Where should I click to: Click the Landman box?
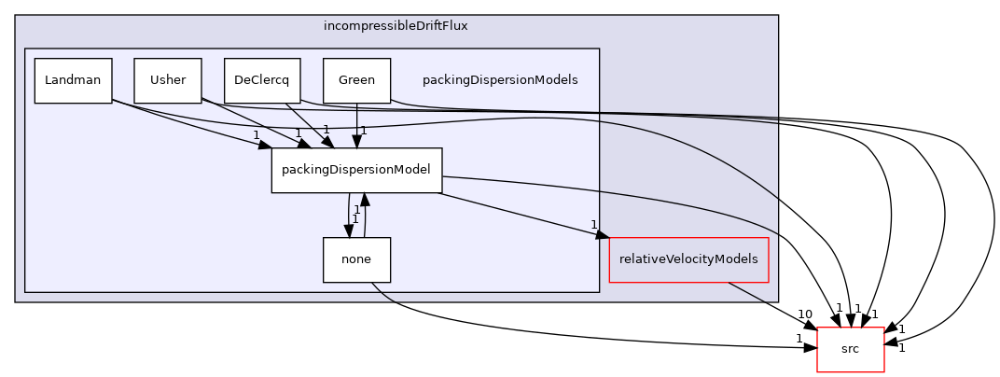pyautogui.click(x=73, y=80)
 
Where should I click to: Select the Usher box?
pyautogui.click(x=168, y=80)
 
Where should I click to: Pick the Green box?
pyautogui.click(x=356, y=80)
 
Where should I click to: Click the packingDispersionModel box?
pyautogui.click(x=356, y=170)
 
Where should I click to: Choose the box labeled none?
pyautogui.click(x=356, y=259)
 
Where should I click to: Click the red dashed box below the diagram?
pyautogui.click(x=850, y=350)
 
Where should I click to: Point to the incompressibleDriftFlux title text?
pyautogui.click(x=396, y=26)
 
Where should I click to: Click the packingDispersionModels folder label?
pyautogui.click(x=500, y=80)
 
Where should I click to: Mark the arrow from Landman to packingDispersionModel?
pyautogui.click(x=187, y=123)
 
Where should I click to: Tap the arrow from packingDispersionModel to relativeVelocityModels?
pyautogui.click(x=522, y=216)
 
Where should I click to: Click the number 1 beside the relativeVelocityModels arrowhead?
pyautogui.click(x=593, y=225)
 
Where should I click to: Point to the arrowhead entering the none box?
pyautogui.click(x=349, y=230)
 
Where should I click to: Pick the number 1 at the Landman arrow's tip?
pyautogui.click(x=256, y=136)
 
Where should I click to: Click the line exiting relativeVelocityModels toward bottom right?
pyautogui.click(x=746, y=291)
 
